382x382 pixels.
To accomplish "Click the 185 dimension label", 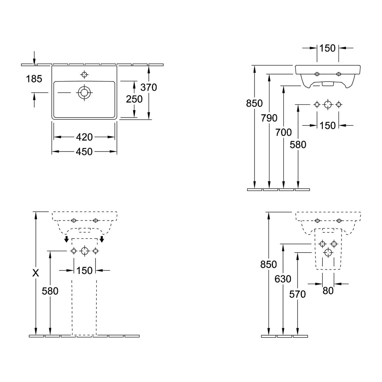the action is (34, 79).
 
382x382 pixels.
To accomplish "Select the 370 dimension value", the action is (149, 88).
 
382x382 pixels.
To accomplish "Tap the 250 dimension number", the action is (134, 99).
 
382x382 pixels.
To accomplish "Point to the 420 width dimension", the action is (84, 137).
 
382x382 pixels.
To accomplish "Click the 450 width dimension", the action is (84, 152).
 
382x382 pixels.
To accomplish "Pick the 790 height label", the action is (269, 118).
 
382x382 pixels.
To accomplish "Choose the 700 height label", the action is (284, 132).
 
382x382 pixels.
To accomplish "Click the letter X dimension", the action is (36, 273).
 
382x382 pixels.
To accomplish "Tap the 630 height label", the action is (283, 279).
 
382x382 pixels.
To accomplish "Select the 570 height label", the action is (297, 294).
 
